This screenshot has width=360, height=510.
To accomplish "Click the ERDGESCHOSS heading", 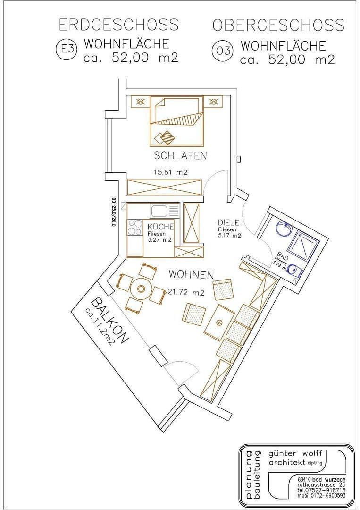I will click(x=118, y=25).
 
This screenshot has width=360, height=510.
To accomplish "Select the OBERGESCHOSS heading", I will click(x=278, y=25).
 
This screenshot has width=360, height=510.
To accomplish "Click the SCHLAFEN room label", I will click(x=180, y=156).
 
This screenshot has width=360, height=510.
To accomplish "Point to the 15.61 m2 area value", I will click(x=170, y=172).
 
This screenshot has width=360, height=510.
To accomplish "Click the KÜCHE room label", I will click(x=161, y=227).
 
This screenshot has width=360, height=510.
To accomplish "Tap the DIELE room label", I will click(x=229, y=222).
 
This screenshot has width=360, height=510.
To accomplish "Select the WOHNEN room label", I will click(x=191, y=274).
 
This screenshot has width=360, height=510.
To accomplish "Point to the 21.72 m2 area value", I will click(x=185, y=293).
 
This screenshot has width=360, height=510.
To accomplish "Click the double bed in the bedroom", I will click(x=177, y=121).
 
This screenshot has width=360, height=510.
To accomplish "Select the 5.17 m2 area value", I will click(x=229, y=235).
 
